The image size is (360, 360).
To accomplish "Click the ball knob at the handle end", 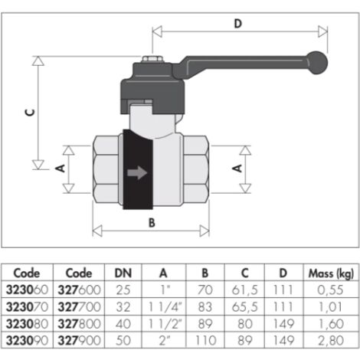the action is point(317,63).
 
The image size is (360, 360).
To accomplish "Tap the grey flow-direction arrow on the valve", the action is point(137,172).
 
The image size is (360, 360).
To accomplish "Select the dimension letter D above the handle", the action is point(237,24).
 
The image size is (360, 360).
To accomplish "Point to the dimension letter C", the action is point(30,113).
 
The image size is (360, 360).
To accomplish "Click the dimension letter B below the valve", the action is point(152,223).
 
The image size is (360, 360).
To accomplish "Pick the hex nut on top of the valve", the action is point(152,59).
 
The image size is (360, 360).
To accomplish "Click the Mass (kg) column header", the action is point(331,273).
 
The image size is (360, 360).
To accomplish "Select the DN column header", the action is point(123,273).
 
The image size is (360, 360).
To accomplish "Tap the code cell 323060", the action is point(27,290).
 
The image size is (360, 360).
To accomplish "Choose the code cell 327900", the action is point(79,340).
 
